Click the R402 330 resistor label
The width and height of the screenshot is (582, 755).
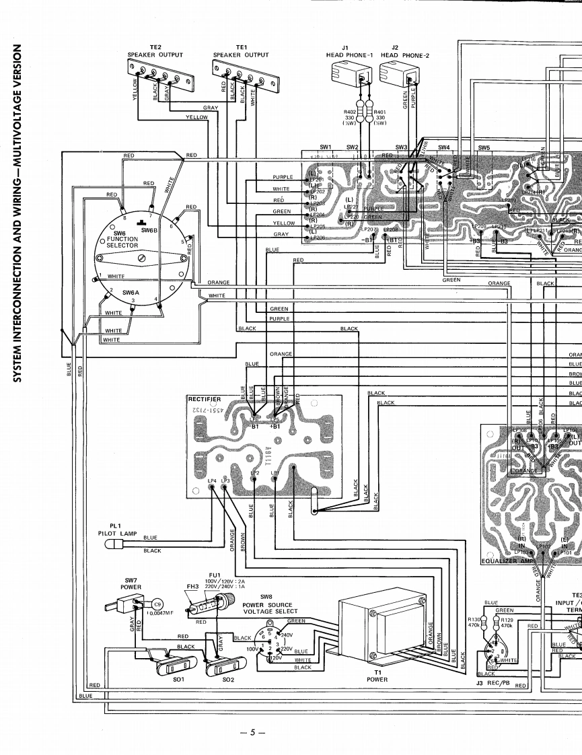click(x=350, y=118)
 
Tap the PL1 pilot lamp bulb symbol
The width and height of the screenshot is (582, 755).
click(x=116, y=543)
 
